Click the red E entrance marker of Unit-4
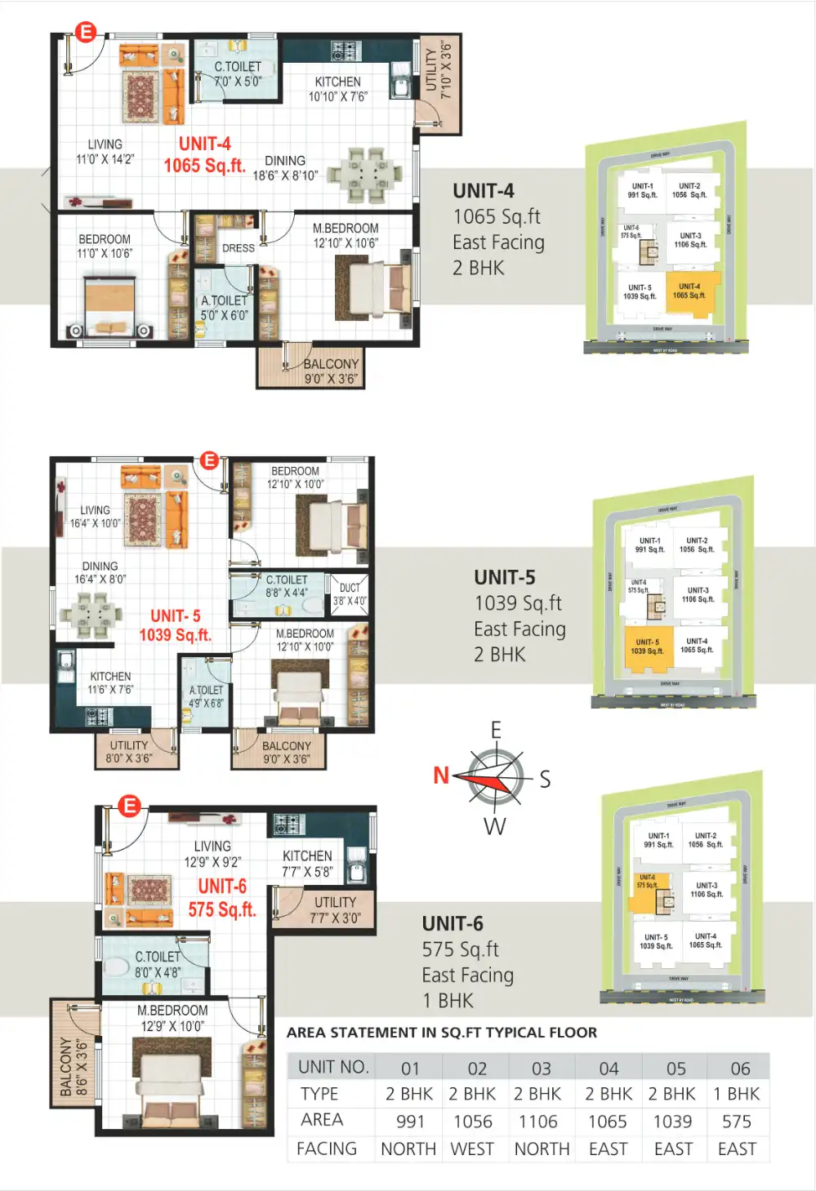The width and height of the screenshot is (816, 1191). click(86, 33)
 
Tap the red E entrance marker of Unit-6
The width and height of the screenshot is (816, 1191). click(129, 807)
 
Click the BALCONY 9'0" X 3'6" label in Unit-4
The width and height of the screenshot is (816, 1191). click(331, 371)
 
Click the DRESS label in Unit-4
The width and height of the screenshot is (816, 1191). click(239, 248)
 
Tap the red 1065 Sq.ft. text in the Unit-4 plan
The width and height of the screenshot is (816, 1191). click(204, 166)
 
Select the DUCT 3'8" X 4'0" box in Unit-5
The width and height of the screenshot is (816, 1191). click(350, 594)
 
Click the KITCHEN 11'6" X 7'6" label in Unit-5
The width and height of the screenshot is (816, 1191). click(110, 682)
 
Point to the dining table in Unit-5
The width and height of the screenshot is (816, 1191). click(91, 613)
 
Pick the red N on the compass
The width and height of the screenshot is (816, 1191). click(441, 775)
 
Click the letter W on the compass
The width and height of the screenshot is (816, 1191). click(495, 827)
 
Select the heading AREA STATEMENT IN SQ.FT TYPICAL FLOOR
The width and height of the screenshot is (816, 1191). click(441, 1033)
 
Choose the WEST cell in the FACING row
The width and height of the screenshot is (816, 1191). click(472, 1149)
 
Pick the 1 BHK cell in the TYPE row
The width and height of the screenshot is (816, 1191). click(737, 1094)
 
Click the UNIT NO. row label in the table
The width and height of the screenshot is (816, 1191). click(333, 1067)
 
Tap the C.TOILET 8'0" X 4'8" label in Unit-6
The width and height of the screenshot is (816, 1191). click(157, 964)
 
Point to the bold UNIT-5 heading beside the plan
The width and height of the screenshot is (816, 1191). click(505, 577)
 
